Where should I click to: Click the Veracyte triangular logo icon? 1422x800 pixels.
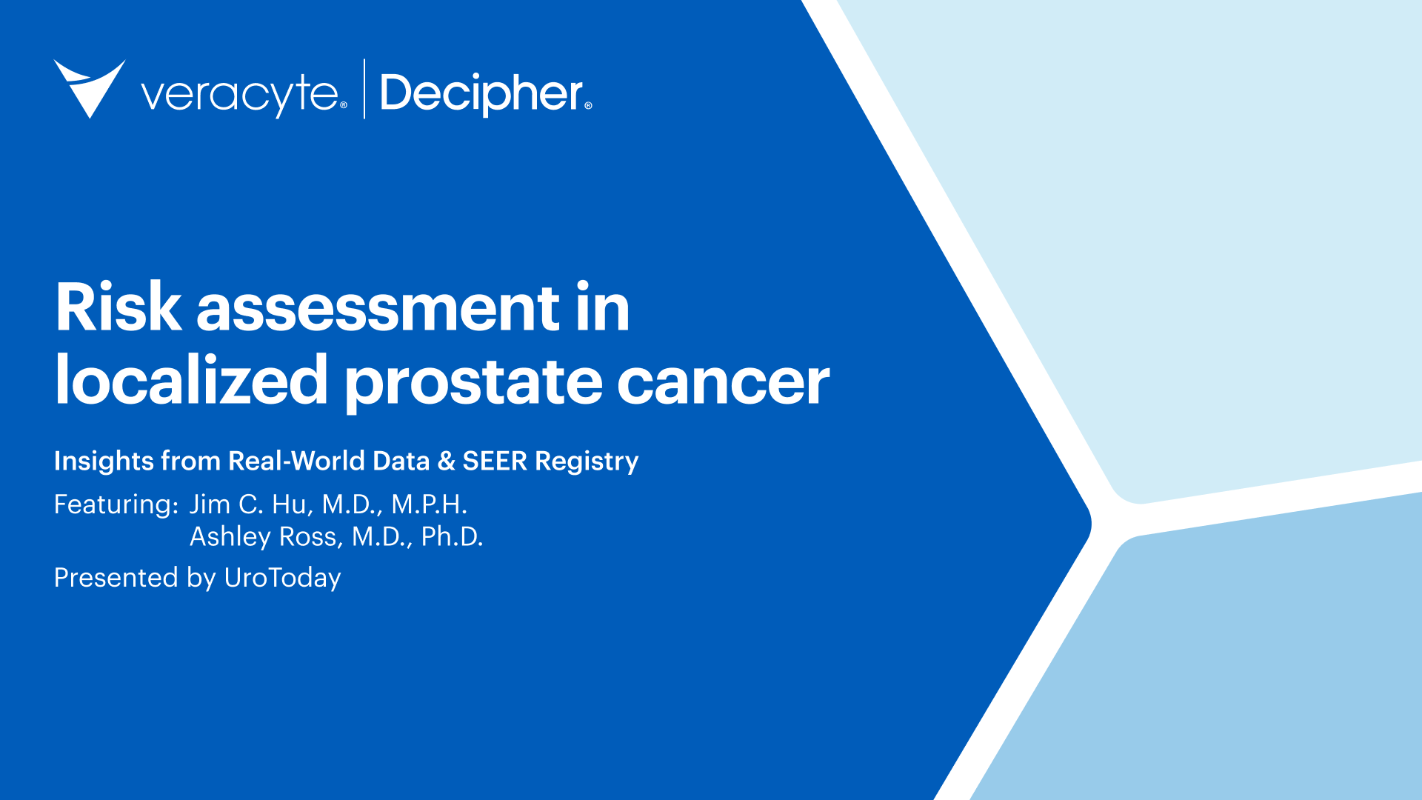[89, 87]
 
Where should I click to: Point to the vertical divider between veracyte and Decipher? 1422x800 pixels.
[364, 89]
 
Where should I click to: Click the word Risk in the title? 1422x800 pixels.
[118, 307]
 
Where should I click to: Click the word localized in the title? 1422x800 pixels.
[191, 381]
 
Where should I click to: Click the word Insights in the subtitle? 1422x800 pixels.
[104, 461]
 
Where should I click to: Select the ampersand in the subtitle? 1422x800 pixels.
[446, 461]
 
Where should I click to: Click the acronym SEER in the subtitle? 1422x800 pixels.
[495, 461]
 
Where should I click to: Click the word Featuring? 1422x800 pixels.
[116, 505]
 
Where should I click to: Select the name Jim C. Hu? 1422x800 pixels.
[248, 504]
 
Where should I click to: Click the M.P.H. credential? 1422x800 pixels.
[429, 504]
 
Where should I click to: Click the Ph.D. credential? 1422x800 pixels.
[452, 537]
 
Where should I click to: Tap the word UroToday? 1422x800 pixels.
[282, 578]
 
